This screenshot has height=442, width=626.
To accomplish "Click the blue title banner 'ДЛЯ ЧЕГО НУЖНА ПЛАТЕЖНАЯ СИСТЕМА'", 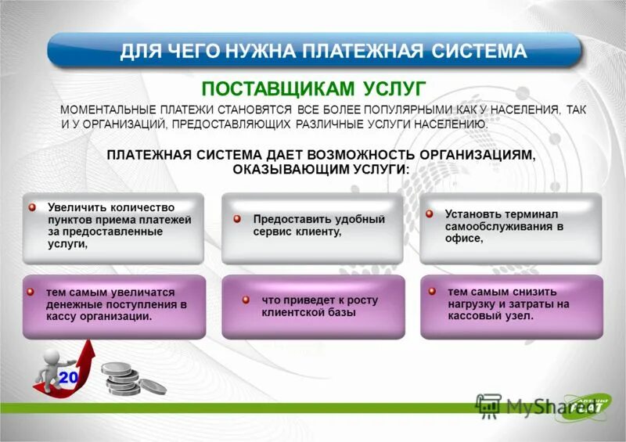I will click(313, 52).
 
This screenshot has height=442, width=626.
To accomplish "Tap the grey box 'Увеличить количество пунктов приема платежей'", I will click(114, 228).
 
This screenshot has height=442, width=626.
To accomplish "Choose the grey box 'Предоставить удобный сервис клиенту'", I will click(312, 228).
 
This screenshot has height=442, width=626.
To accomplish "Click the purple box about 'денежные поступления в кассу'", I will click(114, 306).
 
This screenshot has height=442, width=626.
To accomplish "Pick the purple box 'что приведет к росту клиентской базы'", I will click(312, 306).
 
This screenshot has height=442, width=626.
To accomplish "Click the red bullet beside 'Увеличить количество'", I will click(33, 207).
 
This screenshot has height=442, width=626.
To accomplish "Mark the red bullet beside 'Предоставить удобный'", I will click(236, 220).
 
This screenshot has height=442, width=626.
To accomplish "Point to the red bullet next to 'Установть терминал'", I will click(430, 213).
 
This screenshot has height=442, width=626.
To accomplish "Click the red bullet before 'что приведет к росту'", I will click(245, 300).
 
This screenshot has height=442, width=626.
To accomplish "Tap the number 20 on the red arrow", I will click(68, 379).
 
